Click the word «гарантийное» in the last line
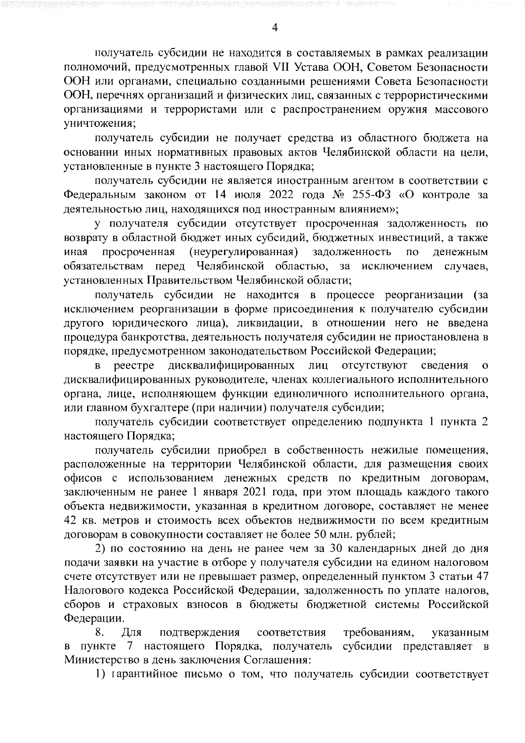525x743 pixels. tap(146, 676)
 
